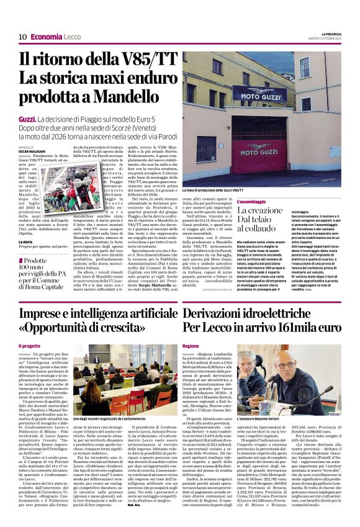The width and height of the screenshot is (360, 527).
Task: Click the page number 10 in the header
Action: pyautogui.click(x=22, y=37)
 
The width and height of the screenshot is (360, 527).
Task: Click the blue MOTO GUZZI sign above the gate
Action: pyautogui.click(x=256, y=95)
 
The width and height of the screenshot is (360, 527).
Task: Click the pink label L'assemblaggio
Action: pyautogui.click(x=253, y=202)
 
